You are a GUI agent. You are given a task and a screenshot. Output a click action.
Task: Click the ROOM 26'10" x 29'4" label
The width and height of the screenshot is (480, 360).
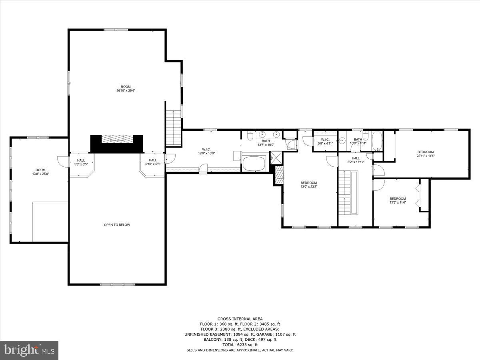126,88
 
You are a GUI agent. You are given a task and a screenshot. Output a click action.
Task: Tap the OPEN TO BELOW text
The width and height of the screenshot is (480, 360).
117,225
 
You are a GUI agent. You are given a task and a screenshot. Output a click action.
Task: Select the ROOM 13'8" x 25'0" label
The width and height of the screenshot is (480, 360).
40,172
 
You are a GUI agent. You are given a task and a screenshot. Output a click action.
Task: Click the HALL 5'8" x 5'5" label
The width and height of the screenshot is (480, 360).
81,162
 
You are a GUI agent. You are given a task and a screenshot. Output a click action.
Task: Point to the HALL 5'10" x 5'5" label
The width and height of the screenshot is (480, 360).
152,162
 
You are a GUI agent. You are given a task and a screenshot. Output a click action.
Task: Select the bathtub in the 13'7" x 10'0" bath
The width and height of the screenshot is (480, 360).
254,164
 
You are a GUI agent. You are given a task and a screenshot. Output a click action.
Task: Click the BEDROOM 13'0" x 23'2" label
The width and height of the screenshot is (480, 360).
309,185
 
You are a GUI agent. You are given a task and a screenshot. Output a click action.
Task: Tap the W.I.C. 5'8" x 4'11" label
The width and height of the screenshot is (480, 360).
325,141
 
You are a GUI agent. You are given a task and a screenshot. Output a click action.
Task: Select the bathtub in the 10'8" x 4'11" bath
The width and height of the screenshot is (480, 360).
377,141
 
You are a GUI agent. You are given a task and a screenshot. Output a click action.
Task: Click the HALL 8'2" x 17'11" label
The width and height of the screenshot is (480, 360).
356,160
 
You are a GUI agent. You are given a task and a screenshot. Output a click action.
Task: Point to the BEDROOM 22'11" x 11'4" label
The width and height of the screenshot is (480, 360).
426,154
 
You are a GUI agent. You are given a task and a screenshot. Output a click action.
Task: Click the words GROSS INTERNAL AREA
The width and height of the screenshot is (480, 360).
240,319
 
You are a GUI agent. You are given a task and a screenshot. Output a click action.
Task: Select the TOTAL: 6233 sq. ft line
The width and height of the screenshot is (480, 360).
240,344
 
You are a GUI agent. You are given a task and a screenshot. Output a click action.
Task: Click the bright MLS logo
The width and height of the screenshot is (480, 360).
29,350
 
